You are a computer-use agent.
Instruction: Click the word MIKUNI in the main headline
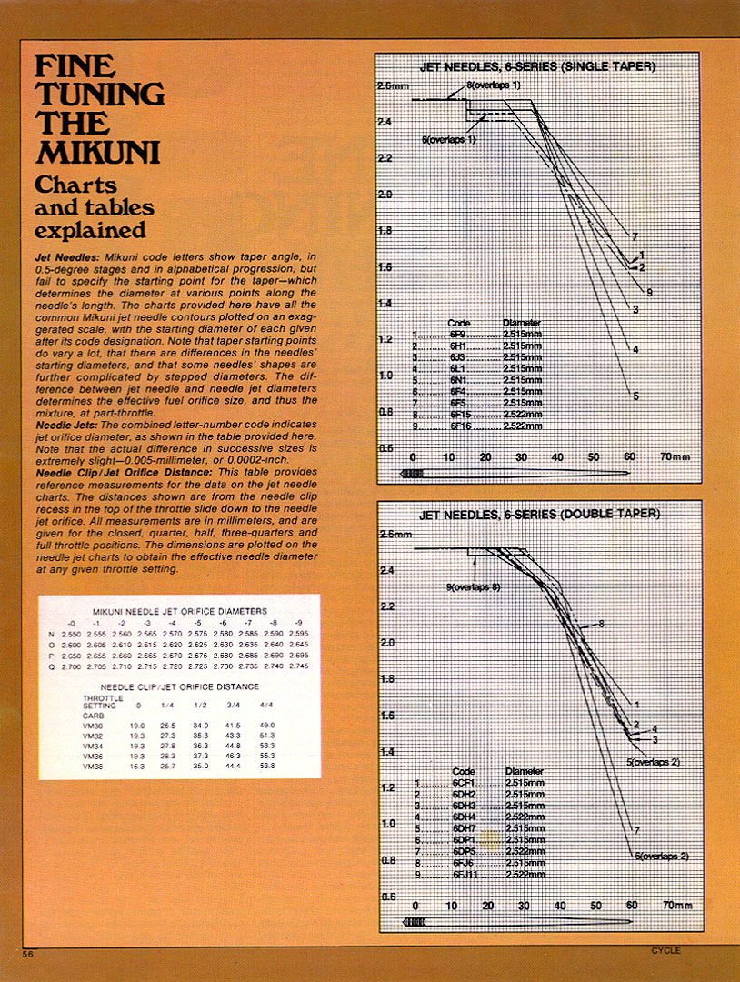[x=83, y=150]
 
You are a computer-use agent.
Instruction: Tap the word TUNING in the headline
[x=99, y=94]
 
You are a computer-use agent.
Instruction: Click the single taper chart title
[x=537, y=68]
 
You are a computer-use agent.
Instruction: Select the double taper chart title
[x=539, y=515]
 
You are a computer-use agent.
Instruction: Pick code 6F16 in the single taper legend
[x=462, y=426]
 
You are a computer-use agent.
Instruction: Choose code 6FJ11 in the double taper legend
[x=467, y=874]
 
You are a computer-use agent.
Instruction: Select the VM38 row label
[x=94, y=767]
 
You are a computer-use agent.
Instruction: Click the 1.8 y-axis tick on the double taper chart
[x=388, y=679]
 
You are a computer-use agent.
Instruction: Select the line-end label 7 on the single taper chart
[x=635, y=237]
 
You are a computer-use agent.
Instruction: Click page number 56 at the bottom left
[x=28, y=953]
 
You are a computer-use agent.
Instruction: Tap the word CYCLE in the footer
[x=665, y=951]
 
